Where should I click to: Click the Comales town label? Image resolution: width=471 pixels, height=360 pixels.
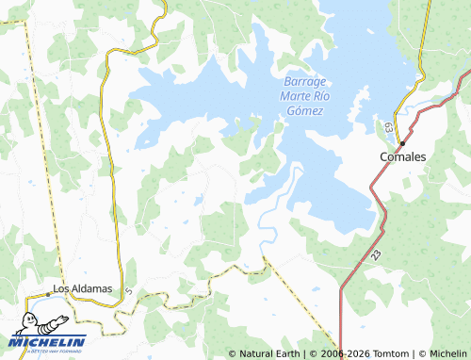403,156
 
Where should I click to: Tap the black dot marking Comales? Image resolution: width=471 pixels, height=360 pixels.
402,143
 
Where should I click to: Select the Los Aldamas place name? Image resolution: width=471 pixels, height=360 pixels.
83,287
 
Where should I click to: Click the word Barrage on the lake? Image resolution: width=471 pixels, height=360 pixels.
302,81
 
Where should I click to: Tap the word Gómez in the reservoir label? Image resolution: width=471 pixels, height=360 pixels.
302,111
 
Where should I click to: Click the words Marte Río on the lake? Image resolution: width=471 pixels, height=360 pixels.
302,96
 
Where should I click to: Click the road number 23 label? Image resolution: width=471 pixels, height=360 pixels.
376,254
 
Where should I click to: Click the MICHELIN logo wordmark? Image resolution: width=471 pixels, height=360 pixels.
49,341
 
